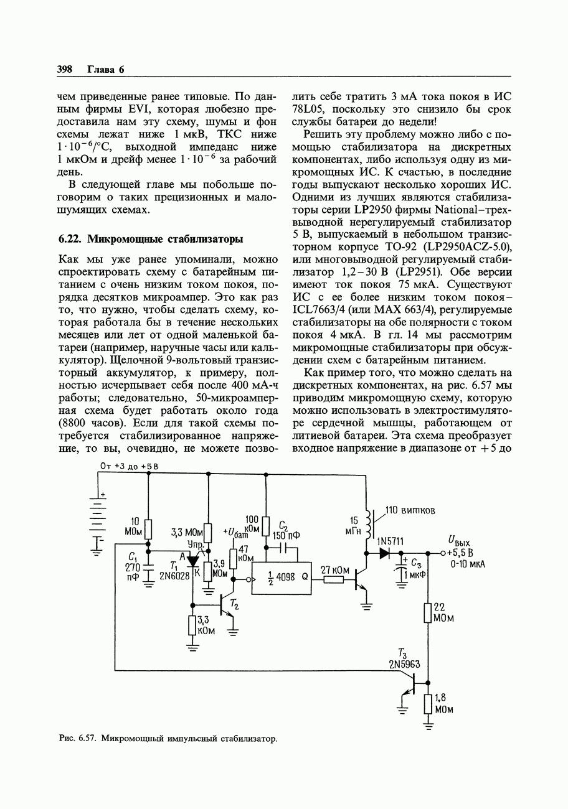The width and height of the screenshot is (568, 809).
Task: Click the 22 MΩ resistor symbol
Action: pos(427,612)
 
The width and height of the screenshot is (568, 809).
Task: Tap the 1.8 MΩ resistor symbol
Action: pos(427,704)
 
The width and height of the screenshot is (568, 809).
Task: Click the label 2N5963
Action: pos(404,664)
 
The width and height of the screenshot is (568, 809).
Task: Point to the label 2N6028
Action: pos(174,576)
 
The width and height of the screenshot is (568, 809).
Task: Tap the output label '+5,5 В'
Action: pos(460,553)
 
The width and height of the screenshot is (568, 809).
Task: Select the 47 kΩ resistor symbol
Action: pos(233,558)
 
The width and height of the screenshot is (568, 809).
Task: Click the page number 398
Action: pos(65,69)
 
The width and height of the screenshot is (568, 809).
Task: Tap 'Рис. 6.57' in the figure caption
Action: pos(76,739)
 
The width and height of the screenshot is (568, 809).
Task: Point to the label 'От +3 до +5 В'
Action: pos(129,465)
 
